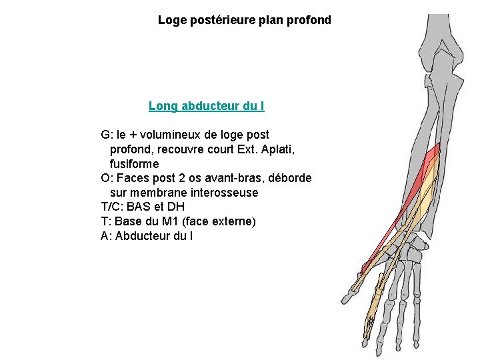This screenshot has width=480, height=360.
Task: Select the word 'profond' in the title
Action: pos(309,20)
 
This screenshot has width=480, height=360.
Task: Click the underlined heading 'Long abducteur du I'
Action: pos(207,106)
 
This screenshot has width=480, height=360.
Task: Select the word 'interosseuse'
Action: pos(225,193)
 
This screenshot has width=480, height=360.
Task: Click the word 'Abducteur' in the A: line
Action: pos(143,236)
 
